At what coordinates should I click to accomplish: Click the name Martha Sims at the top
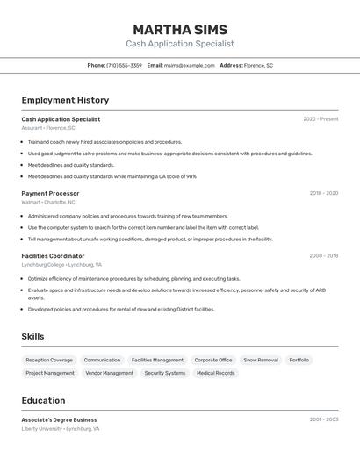(180, 30)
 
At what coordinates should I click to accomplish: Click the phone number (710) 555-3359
(124, 65)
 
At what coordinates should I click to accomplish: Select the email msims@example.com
(189, 65)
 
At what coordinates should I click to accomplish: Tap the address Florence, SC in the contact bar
(258, 65)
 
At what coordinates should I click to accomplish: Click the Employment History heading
(65, 100)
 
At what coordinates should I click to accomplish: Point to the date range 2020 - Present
(320, 119)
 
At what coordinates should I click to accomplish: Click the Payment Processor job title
(50, 193)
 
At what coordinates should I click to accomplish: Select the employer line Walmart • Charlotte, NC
(48, 202)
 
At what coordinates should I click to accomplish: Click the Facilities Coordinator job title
(53, 256)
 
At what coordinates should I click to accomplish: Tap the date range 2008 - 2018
(323, 256)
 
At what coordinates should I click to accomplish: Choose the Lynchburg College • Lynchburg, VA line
(61, 264)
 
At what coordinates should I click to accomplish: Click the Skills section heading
(32, 337)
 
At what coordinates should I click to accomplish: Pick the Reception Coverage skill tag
(49, 360)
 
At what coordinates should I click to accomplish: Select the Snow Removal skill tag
(261, 360)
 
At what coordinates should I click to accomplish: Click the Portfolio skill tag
(299, 360)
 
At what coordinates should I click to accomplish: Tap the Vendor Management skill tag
(110, 373)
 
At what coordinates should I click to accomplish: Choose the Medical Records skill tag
(216, 373)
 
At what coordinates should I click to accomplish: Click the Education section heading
(43, 400)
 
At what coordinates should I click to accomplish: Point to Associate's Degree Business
(59, 419)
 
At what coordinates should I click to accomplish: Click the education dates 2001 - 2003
(323, 419)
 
